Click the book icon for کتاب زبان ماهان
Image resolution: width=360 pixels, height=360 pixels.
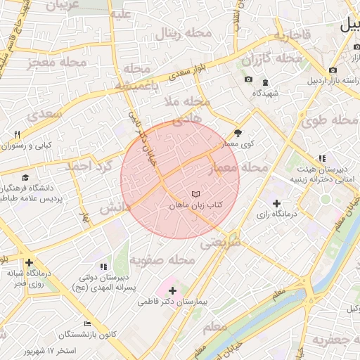[x=195, y=193]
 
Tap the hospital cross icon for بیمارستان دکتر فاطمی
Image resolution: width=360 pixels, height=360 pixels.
[x=173, y=290]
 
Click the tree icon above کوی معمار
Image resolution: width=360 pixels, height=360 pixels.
[x=238, y=131]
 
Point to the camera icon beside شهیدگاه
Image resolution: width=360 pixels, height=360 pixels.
[x=248, y=79]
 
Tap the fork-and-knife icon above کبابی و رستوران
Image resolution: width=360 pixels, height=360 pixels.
[x=18, y=134]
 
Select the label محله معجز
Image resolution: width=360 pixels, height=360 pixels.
[x=57, y=63]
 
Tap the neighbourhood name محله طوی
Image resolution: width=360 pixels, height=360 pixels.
[x=330, y=120]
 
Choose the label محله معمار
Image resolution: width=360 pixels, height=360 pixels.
[x=244, y=168]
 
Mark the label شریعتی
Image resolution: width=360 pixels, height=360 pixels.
[x=221, y=243]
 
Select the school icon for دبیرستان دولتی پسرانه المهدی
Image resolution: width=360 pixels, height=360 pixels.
[x=104, y=266]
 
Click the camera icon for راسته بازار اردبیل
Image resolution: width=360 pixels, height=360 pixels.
[x=333, y=70]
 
